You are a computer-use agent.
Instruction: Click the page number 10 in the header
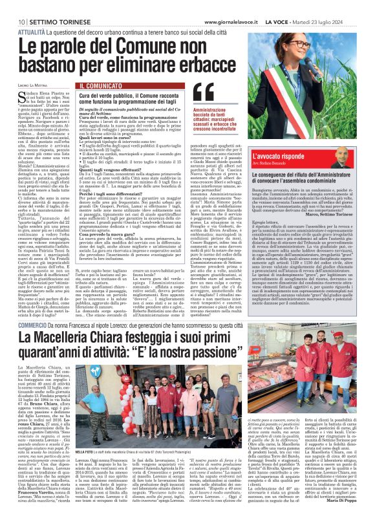pyautogui.click(x=12, y=5)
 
